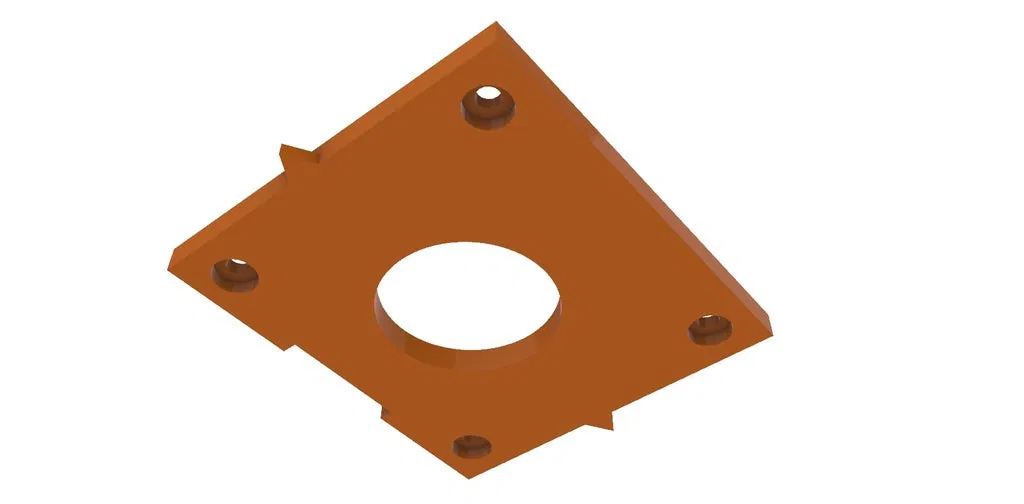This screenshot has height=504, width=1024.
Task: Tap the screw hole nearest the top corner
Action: (x=489, y=105)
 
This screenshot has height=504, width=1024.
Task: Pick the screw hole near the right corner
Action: (x=711, y=328)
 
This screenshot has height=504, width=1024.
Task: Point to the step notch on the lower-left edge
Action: (x=291, y=347)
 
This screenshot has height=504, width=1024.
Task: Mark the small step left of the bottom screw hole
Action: (x=384, y=410)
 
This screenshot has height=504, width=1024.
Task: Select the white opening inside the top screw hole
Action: (x=489, y=97)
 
